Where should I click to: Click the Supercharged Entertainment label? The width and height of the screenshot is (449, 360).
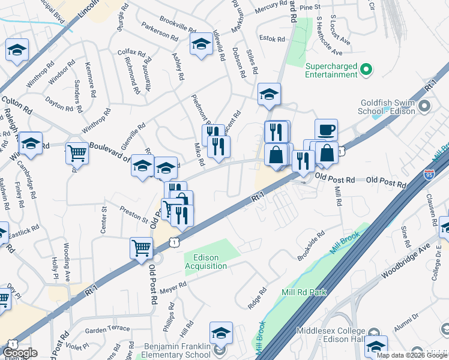coord(331,70)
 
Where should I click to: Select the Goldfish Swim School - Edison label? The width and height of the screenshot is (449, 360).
coord(388,107)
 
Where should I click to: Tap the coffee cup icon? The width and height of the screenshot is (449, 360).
coord(326,130)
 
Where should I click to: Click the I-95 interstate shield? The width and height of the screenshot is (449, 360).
coord(429,174)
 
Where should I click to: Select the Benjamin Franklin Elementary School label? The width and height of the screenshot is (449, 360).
coord(177,351)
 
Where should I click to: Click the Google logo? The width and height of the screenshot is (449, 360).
coord(20,352)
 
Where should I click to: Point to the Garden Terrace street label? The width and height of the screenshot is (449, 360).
coord(107,328)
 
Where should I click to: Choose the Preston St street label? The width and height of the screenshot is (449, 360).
coord(133,214)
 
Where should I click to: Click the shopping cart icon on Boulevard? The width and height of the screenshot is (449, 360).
coord(77,153)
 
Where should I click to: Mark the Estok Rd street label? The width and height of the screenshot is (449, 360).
coord(273,38)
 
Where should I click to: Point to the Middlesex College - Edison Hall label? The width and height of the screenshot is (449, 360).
coord(330,335)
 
